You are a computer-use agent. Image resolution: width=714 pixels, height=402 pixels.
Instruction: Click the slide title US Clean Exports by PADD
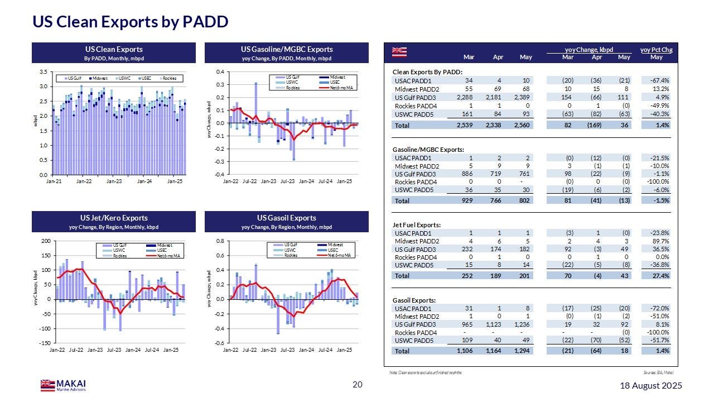(130, 22)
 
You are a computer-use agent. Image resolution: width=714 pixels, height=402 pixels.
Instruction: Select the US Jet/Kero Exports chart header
(114, 218)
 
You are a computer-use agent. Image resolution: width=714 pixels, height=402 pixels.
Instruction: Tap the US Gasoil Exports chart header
(287, 218)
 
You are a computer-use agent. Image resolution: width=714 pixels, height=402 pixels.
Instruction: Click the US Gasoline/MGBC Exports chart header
(287, 50)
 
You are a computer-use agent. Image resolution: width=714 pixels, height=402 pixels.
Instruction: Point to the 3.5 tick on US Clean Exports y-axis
(43, 72)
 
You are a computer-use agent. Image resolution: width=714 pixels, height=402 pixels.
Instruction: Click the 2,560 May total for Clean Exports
(522, 126)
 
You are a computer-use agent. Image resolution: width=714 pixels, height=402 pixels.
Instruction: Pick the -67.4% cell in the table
(659, 80)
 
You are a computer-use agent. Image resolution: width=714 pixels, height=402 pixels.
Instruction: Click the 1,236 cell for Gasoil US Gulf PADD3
(522, 324)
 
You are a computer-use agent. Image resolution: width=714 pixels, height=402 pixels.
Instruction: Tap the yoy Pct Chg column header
(657, 50)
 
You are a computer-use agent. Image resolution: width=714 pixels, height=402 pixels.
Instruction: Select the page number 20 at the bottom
(358, 385)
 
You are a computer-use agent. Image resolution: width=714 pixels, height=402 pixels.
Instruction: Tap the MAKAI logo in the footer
(63, 385)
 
